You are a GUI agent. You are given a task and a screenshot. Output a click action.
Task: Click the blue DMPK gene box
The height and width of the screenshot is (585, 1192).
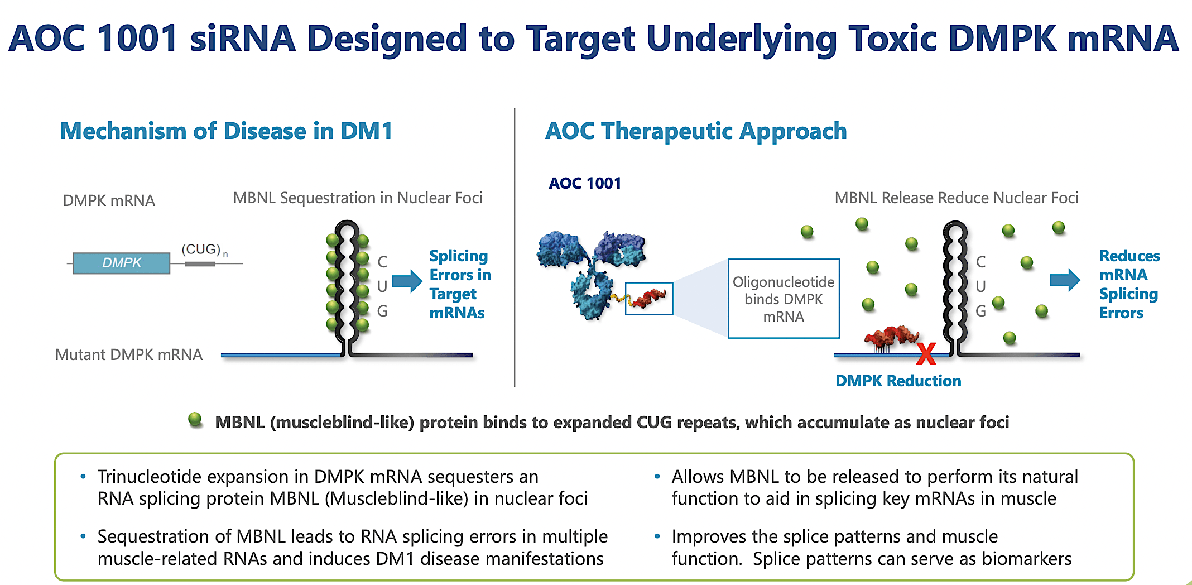[121, 263]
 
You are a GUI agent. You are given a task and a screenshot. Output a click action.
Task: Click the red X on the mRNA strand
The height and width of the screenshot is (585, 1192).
[926, 354]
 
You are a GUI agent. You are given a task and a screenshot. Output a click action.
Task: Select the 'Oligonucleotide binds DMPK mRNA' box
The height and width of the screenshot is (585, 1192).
[784, 299]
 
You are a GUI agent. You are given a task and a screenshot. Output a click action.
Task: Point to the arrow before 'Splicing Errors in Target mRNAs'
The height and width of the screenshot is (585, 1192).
[407, 281]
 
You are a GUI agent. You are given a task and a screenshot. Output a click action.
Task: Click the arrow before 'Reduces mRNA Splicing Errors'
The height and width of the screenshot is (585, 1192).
[1064, 280]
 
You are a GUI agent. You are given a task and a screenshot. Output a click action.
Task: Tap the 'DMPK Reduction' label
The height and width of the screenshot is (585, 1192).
[898, 381]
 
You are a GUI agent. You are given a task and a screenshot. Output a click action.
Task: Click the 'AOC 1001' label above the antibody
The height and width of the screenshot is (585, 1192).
[584, 183]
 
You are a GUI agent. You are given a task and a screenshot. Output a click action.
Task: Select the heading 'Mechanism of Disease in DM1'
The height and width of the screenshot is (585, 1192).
[226, 131]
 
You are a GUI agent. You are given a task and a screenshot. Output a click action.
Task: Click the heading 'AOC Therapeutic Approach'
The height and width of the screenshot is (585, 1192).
[695, 131]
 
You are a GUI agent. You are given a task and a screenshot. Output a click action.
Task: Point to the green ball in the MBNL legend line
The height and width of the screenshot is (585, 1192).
[195, 419]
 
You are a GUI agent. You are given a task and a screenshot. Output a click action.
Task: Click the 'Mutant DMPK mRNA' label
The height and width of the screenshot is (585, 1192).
[128, 354]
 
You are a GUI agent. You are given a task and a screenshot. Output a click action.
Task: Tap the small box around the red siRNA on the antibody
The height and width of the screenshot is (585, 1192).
[648, 298]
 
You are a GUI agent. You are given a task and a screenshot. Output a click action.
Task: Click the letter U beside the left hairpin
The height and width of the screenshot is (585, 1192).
[382, 286]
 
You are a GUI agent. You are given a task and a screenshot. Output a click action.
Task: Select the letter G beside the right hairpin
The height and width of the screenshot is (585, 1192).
[980, 311]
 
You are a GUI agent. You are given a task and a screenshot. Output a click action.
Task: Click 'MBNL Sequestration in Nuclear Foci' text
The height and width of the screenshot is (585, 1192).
[357, 198]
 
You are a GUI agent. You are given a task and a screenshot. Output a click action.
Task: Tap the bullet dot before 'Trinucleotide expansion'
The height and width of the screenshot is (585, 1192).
[83, 477]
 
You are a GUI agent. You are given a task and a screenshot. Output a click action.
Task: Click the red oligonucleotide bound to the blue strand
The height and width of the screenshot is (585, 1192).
[891, 336]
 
